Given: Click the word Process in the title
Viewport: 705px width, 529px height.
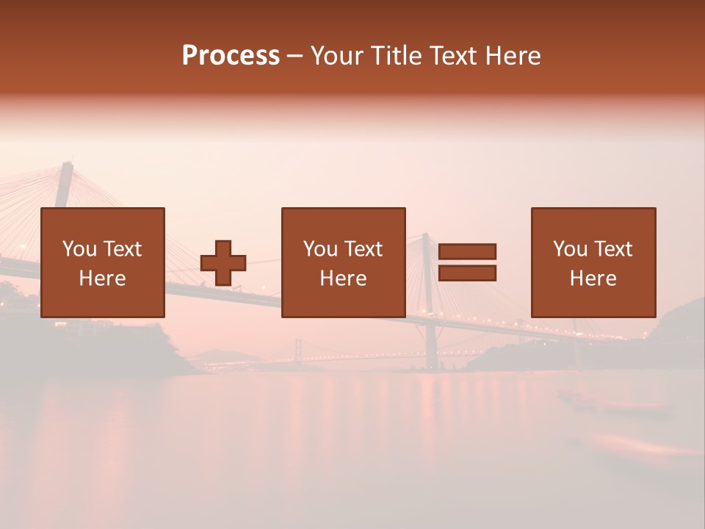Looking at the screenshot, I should [231, 56].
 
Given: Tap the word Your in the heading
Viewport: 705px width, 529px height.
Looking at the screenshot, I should [339, 56].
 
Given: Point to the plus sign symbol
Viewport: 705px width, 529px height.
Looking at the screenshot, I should [223, 263].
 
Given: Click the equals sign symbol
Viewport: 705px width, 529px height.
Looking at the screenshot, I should [467, 262].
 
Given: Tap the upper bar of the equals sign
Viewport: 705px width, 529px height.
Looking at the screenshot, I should [467, 252].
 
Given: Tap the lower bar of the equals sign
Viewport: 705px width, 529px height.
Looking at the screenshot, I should [467, 273].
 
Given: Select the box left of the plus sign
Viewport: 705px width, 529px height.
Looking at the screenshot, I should [103, 262].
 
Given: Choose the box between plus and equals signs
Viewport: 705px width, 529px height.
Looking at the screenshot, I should [343, 262].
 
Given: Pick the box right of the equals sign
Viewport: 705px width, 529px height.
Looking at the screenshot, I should [593, 262].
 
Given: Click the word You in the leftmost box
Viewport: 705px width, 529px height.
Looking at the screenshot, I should [79, 249].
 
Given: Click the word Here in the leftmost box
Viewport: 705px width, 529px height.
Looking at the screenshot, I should [103, 278].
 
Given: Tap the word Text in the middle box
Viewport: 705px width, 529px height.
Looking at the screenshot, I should [364, 249].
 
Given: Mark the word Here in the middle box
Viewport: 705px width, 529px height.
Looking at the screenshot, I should [343, 278].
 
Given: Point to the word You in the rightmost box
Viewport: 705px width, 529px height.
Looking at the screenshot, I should [569, 249].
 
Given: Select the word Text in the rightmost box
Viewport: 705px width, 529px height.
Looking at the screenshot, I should [613, 249].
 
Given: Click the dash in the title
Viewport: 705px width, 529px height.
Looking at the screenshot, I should [294, 56].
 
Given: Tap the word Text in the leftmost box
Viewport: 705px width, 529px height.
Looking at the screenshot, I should [123, 249].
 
